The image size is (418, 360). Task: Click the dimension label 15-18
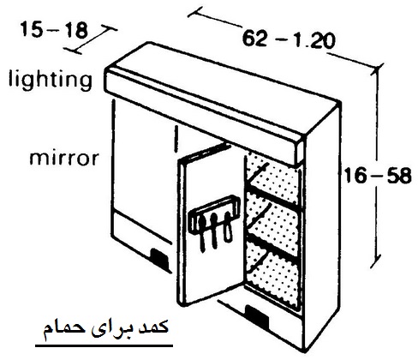point(54,30)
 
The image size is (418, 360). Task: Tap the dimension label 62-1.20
point(288,40)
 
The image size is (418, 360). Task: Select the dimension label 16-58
point(378,175)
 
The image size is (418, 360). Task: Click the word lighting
point(51,79)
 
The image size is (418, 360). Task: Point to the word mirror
point(64,158)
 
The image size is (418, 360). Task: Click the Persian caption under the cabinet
point(105,328)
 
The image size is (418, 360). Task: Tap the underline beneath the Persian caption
point(104,346)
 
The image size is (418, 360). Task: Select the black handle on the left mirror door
point(159,258)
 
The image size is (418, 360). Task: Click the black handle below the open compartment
point(257,315)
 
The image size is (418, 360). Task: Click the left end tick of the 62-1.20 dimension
point(193,12)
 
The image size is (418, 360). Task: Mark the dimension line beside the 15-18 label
point(92,40)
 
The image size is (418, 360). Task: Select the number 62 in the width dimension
point(254,39)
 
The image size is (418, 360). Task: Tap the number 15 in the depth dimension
point(31,30)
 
